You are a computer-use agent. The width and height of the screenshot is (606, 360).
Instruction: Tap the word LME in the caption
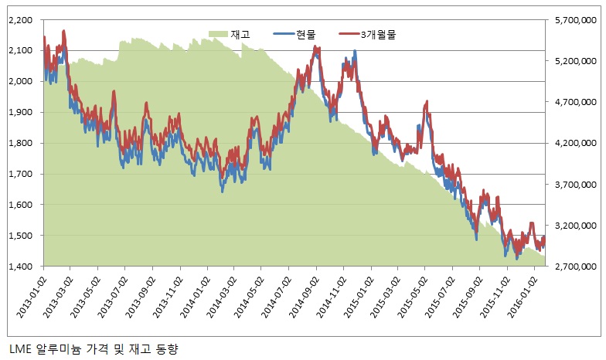(19, 350)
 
